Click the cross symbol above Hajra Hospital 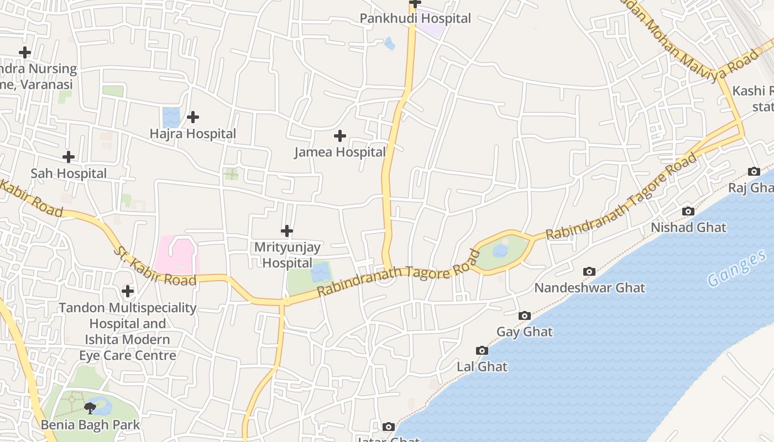[x=193, y=117]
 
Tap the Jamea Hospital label [x=339, y=152]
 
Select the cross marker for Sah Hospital [x=69, y=157]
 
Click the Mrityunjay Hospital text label [x=287, y=255]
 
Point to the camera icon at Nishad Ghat [x=688, y=211]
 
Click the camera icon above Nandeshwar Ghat [x=589, y=271]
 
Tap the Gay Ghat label [x=524, y=332]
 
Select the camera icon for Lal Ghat [x=482, y=350]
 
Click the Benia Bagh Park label [x=90, y=425]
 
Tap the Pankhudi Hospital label [x=415, y=18]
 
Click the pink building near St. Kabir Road [x=177, y=255]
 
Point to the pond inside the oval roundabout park [x=500, y=251]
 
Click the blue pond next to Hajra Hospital [x=171, y=118]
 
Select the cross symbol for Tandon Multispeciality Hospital [x=128, y=291]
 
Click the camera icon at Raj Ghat [x=754, y=171]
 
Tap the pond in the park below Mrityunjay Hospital [x=320, y=272]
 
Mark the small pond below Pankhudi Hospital [x=390, y=43]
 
